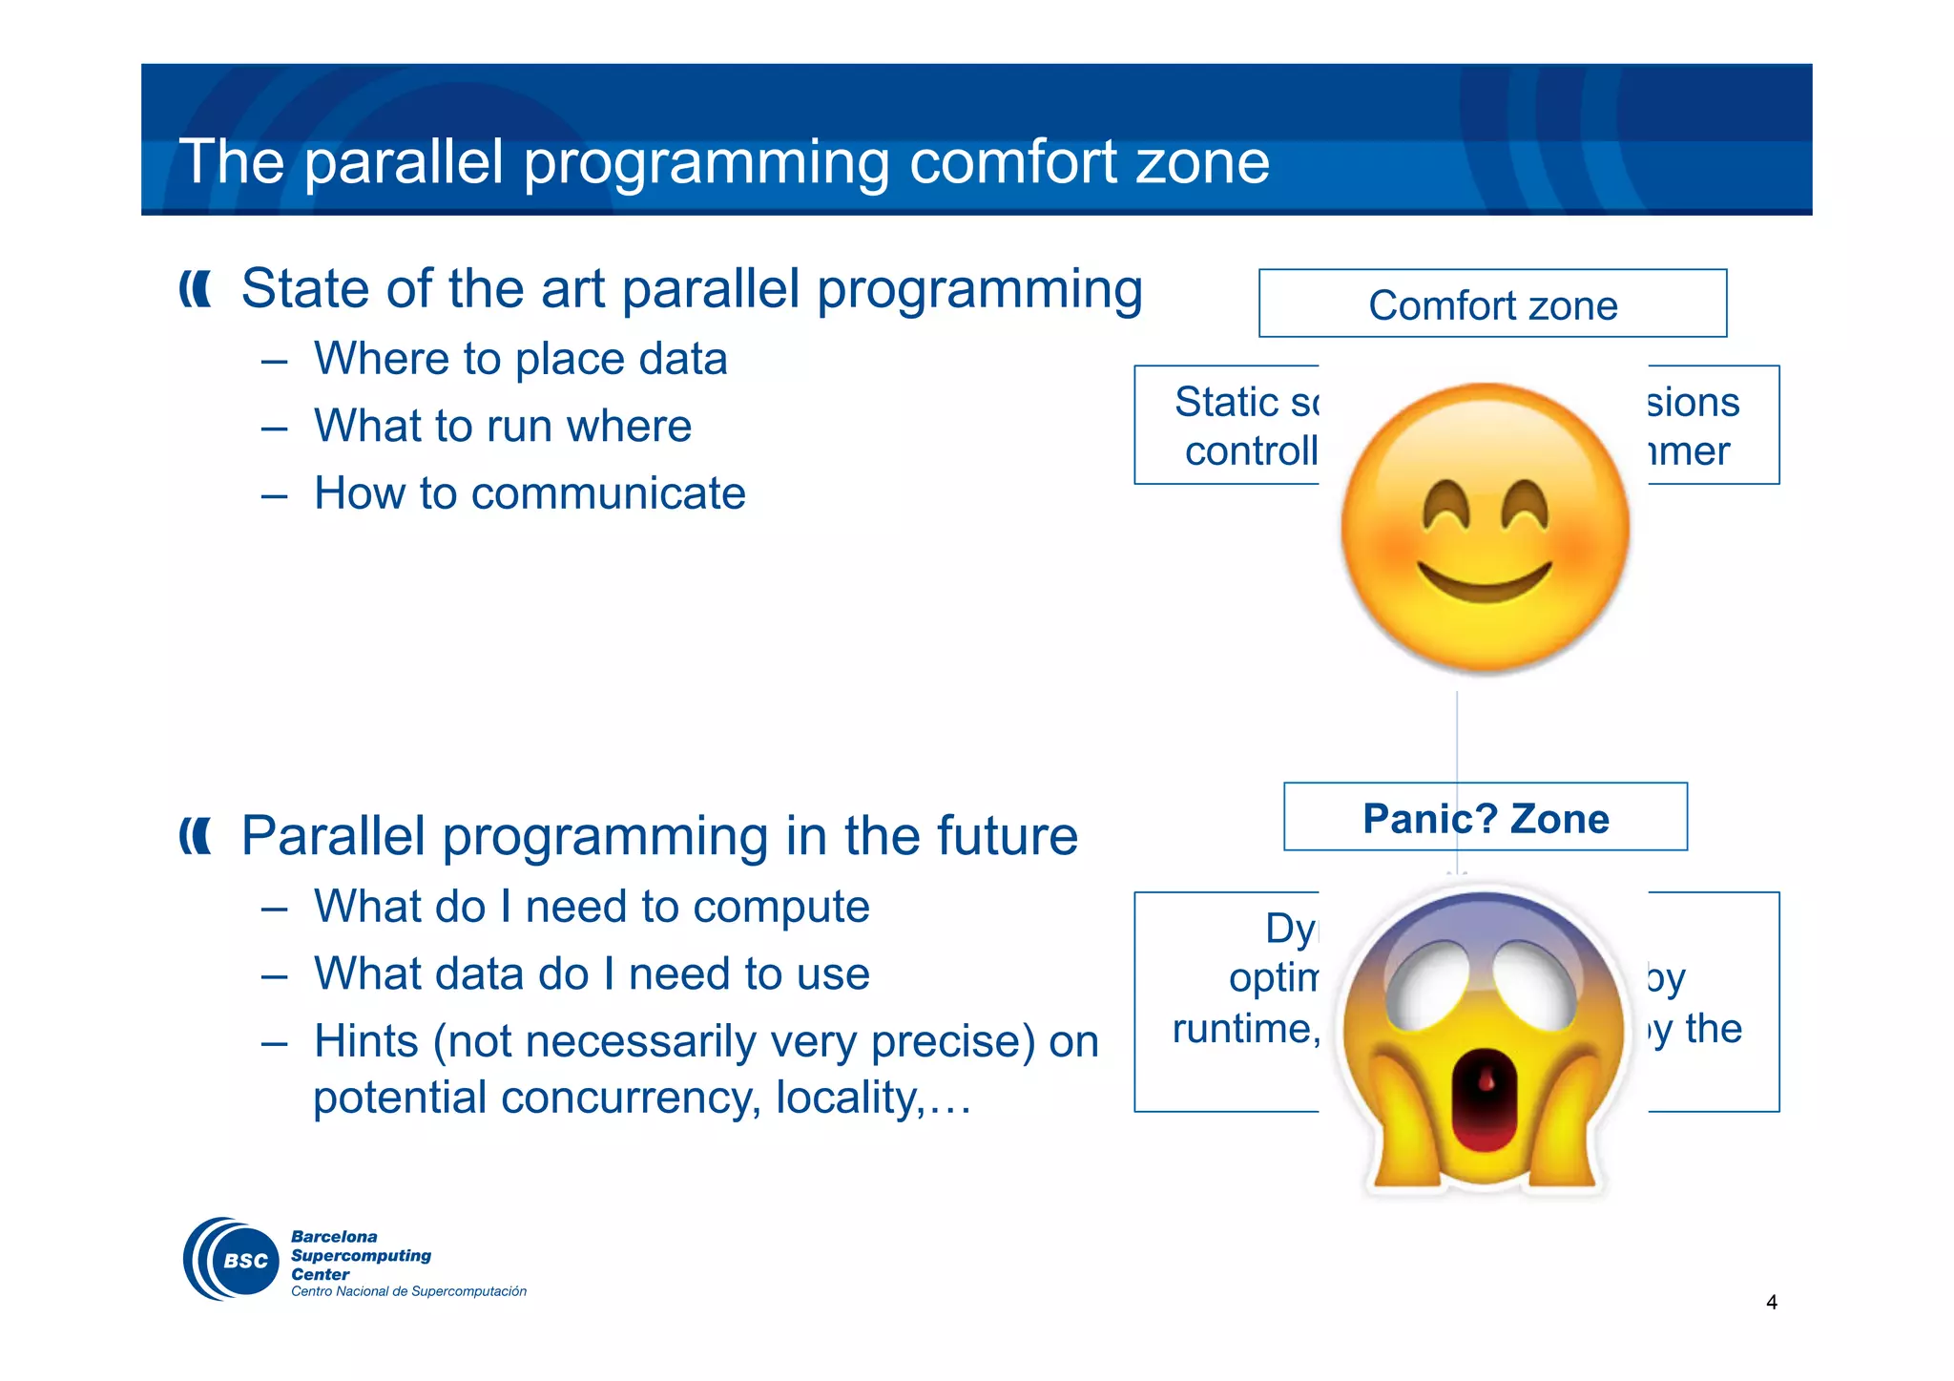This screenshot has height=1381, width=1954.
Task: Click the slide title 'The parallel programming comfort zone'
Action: pos(724,162)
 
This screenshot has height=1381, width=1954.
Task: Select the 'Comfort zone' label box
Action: pos(1492,304)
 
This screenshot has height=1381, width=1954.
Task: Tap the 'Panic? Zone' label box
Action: pos(1485,818)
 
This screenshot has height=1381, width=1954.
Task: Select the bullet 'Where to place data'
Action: pos(520,360)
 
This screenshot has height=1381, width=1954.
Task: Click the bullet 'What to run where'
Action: pos(503,427)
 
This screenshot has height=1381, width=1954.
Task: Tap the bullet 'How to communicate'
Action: pos(530,493)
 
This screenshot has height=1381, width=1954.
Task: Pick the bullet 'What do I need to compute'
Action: pos(592,907)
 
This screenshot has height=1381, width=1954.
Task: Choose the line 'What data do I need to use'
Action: pos(592,974)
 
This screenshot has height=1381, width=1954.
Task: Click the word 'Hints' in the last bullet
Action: pos(366,1041)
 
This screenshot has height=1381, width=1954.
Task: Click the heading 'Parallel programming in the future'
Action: pos(658,836)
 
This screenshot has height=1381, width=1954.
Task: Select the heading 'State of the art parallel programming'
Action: pos(691,288)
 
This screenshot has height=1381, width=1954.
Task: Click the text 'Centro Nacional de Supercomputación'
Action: pos(408,1292)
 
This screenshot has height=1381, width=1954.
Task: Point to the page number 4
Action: pos(1772,1303)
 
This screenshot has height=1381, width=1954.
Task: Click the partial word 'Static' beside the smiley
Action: pos(1227,402)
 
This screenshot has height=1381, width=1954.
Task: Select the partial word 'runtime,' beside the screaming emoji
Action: pos(1245,1029)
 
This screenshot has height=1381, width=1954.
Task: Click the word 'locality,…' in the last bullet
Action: pos(873,1099)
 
